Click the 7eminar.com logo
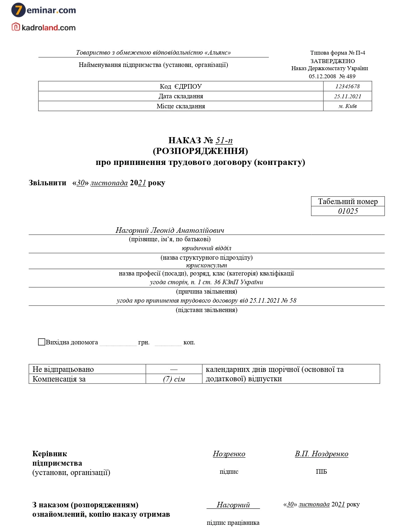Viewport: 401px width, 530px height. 44,10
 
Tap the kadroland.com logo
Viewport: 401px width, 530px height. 44,27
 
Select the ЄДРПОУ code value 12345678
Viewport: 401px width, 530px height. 347,86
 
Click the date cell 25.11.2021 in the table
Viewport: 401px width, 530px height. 347,96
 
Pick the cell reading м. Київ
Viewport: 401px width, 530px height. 347,106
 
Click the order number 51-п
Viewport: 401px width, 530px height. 224,140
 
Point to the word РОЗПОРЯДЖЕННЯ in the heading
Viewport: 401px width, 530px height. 200,151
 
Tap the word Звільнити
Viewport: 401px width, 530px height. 47,183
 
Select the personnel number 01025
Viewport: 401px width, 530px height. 348,211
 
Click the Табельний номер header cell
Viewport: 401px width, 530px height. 348,201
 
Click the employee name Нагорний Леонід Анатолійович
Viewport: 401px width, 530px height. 170,230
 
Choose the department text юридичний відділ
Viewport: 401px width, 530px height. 206,248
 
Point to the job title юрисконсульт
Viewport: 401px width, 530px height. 206,265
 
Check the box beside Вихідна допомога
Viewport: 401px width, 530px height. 42,342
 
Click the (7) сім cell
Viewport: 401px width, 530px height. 174,379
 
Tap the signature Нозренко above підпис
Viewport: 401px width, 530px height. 229,454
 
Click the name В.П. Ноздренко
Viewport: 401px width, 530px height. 322,454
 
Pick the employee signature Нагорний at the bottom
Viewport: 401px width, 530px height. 233,505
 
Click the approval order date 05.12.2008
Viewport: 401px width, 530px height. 322,76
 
